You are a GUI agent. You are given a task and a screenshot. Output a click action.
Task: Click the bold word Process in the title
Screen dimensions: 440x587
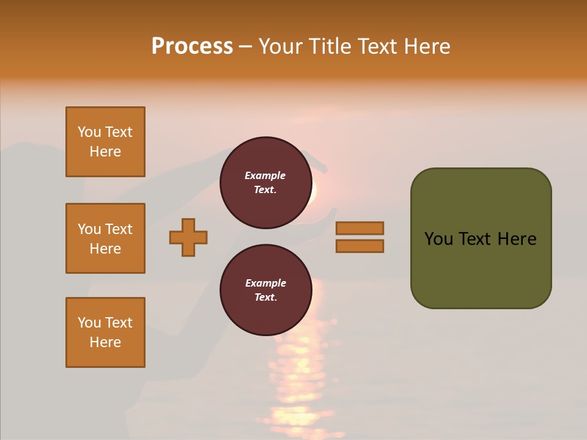(x=192, y=46)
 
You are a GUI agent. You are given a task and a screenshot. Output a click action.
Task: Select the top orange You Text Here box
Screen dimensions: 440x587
(x=105, y=142)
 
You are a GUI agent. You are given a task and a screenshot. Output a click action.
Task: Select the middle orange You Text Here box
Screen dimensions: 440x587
(x=105, y=238)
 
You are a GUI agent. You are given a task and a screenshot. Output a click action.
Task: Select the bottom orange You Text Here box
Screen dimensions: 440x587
(x=105, y=332)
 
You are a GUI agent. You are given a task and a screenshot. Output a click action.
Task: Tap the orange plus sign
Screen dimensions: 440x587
(x=188, y=237)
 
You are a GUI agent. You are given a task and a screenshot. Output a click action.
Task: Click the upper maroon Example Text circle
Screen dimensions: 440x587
(x=265, y=183)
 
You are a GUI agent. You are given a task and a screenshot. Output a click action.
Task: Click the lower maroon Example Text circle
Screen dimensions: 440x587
(x=265, y=290)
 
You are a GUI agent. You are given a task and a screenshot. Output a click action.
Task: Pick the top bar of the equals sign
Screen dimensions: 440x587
(x=360, y=228)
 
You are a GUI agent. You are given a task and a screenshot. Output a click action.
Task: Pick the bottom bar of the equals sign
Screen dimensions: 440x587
(x=360, y=246)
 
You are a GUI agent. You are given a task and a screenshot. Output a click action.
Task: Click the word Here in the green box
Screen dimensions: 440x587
(x=517, y=239)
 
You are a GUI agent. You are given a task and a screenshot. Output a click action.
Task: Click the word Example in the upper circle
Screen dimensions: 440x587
(x=265, y=175)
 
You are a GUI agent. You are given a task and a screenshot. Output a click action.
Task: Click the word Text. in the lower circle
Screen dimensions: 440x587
(x=265, y=298)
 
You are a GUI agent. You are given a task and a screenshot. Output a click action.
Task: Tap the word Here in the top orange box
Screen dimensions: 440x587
(x=105, y=152)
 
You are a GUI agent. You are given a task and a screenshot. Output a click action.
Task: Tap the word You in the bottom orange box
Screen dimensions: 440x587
(x=89, y=323)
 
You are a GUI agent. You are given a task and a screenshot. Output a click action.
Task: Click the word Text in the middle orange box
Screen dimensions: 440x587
(x=119, y=229)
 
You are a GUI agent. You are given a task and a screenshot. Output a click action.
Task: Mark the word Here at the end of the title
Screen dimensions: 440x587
(x=427, y=46)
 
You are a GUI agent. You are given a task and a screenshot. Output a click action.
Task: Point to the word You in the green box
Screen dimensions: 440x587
(x=439, y=239)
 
